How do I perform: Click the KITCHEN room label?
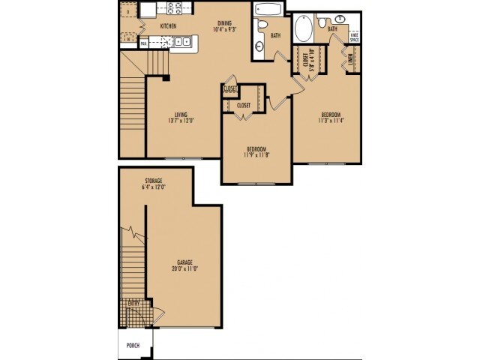168,26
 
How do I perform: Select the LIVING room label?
180,115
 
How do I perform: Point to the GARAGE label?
184,262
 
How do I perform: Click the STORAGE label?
154,181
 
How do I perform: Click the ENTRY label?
134,302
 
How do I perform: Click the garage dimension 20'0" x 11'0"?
184,268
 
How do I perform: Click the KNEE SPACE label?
354,35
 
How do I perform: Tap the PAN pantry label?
143,44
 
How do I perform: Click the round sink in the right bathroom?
341,19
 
